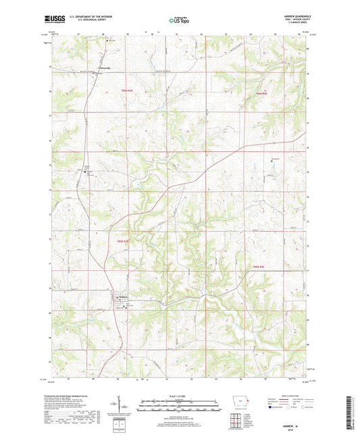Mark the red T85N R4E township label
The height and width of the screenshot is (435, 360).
[263, 93]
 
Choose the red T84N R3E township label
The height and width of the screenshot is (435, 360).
[120, 240]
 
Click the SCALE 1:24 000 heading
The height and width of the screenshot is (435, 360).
[179, 396]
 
